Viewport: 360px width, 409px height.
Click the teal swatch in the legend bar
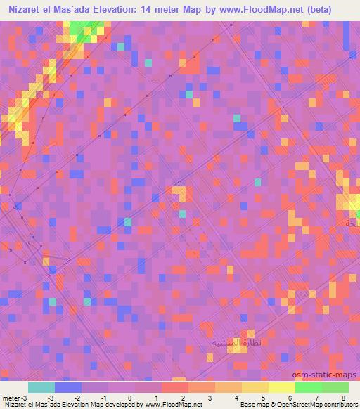point(41,387)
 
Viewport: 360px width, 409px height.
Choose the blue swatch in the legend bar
point(67,387)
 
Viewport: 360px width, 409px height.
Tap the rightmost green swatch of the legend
point(335,387)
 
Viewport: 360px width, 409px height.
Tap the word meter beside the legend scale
point(11,397)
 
